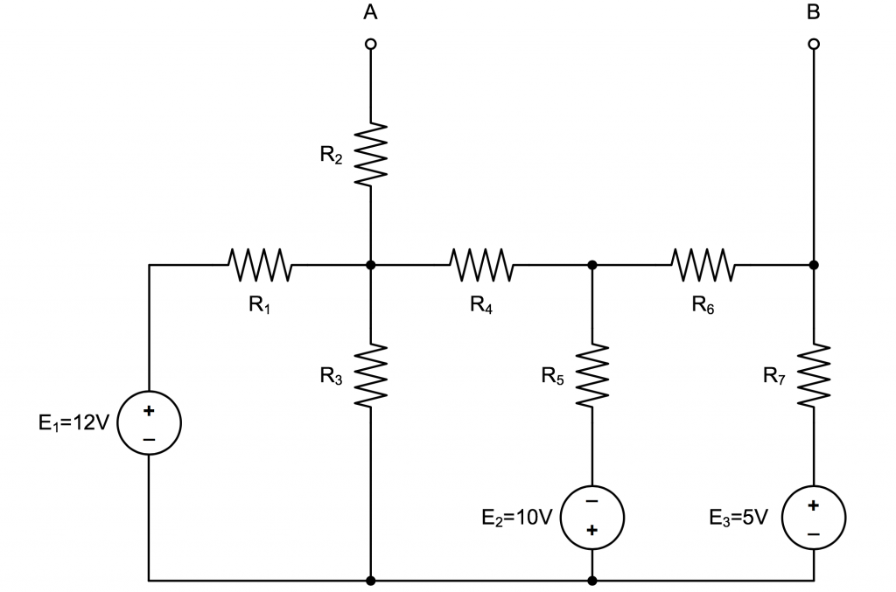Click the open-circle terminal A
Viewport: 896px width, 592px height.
click(371, 44)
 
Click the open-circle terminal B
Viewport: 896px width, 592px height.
click(814, 44)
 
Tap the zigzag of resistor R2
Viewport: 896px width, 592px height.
click(371, 153)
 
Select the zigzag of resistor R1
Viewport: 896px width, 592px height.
click(260, 264)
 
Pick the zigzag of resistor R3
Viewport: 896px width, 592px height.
click(371, 374)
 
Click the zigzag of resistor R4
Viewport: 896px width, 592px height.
click(481, 264)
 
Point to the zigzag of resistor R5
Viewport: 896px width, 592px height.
click(592, 374)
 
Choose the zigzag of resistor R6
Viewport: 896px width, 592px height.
click(703, 264)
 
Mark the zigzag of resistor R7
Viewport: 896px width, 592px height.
click(814, 374)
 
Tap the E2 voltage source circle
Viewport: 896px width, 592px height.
click(592, 516)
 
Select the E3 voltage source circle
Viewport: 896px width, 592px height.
click(814, 516)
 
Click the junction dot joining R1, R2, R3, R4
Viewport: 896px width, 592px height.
click(371, 264)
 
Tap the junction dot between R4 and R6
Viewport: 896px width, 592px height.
click(592, 264)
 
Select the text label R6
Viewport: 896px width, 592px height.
click(703, 304)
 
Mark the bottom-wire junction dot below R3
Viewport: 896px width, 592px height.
click(371, 580)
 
